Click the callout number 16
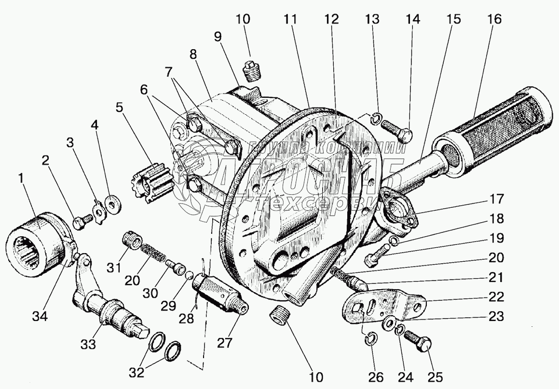pos(494,20)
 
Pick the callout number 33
pos(89,344)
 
